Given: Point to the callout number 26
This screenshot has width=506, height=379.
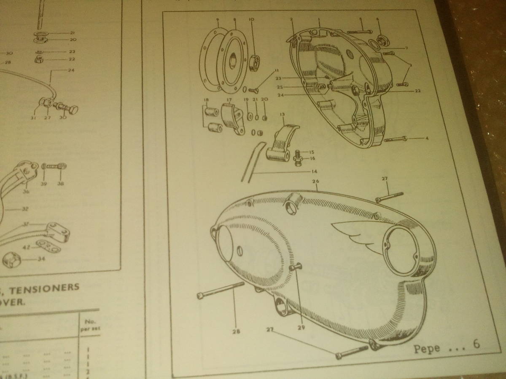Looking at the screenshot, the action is (315, 181).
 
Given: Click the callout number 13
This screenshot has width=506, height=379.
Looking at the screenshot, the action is (282, 114).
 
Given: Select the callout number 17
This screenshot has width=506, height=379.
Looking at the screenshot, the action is (229, 100).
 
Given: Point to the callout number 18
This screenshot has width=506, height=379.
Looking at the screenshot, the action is (206, 100).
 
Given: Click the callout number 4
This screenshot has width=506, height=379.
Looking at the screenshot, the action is (427, 138).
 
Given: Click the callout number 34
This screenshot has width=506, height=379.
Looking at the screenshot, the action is (40, 259).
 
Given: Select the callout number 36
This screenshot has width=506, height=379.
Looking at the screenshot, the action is (26, 192).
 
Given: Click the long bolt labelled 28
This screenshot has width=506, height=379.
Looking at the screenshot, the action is (221, 290).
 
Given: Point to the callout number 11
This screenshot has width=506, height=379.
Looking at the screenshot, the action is (276, 70).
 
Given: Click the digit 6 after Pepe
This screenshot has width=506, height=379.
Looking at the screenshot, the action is (476, 344).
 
